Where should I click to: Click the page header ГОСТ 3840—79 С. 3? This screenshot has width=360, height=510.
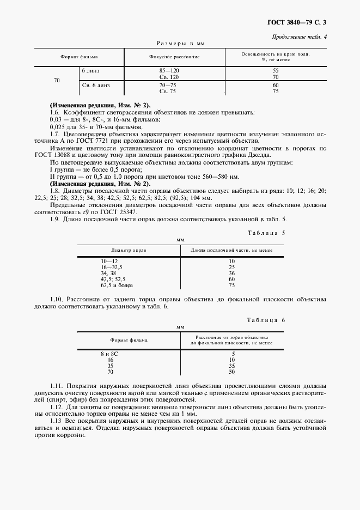coord(300,22)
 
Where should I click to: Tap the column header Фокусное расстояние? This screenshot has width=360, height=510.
coord(174,57)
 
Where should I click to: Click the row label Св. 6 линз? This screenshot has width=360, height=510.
coord(95,86)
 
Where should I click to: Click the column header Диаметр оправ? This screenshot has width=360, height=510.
coord(129,250)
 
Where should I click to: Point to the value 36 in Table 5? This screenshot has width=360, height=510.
coord(231,274)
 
